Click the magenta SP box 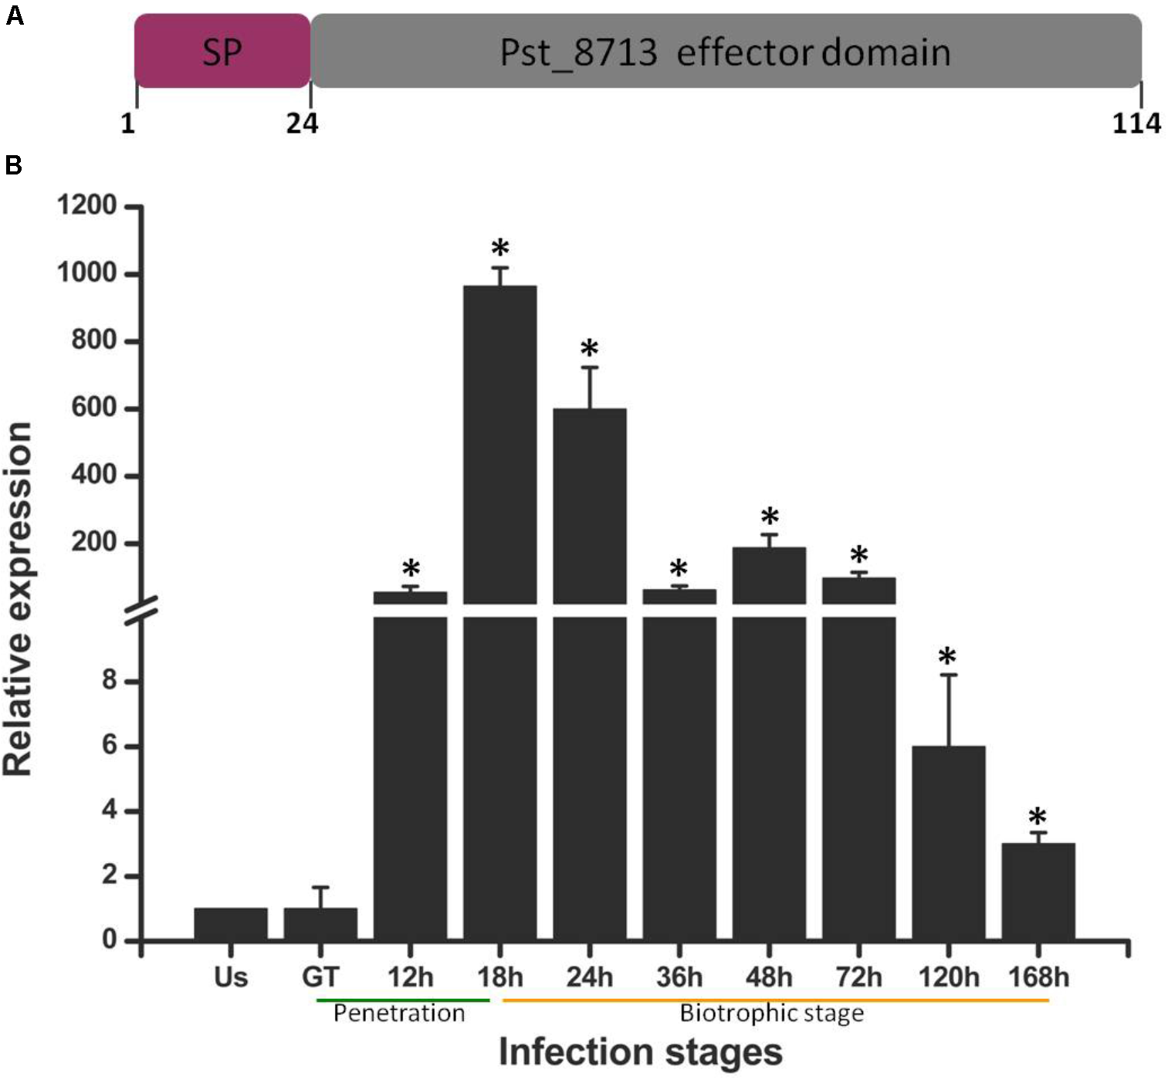coord(222,51)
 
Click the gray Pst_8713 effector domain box coord(726,51)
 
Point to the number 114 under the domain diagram coord(1136,123)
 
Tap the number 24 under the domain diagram coord(302,123)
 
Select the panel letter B coord(13,165)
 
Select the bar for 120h coord(948,842)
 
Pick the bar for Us coord(231,924)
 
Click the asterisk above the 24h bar coord(590,348)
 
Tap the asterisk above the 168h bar coord(1038,817)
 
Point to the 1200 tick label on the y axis coord(86,206)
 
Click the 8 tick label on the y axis coord(109,681)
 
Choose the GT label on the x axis coord(320,977)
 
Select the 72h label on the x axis coord(858,977)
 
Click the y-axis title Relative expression coord(19,598)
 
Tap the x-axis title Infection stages coord(640,1051)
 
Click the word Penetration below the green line coord(399,1014)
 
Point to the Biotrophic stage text coord(771,1014)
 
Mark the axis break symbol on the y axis coord(141,610)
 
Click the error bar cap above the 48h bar coord(769,534)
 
